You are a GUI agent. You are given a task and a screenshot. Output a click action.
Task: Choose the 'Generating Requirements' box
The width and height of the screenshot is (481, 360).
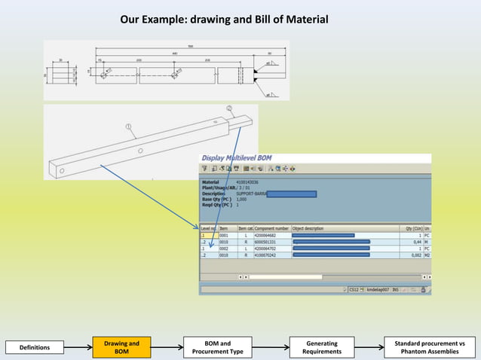(321, 347)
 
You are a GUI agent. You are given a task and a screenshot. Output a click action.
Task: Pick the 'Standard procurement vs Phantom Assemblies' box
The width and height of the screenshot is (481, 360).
(430, 347)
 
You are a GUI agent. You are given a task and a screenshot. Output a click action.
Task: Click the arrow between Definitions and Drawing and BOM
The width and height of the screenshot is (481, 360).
(78, 347)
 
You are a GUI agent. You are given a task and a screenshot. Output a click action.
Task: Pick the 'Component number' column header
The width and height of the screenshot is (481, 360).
(271, 228)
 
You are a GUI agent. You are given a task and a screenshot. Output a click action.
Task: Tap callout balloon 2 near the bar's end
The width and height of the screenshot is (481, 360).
(228, 108)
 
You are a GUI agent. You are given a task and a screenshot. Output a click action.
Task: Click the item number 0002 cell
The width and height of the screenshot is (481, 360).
(224, 249)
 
